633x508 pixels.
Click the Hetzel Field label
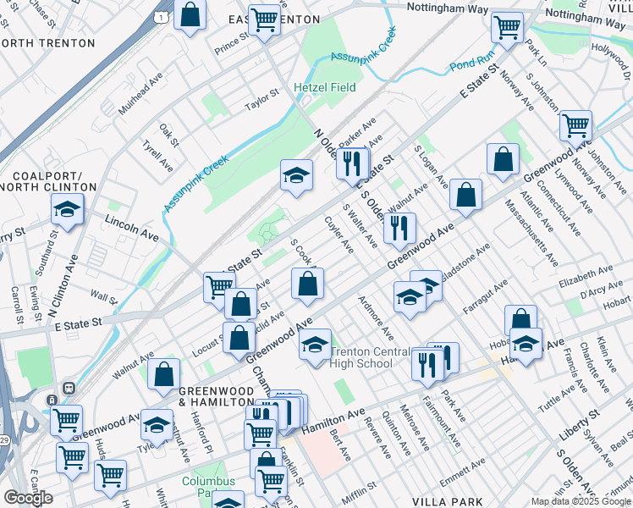pyautogui.click(x=324, y=87)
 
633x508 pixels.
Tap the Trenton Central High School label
pyautogui.click(x=362, y=357)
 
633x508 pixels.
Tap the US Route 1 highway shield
pyautogui.click(x=160, y=16)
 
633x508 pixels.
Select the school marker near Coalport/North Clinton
pyautogui.click(x=67, y=208)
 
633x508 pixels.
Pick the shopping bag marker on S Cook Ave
pyautogui.click(x=307, y=284)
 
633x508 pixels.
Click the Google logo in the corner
pyautogui.click(x=28, y=497)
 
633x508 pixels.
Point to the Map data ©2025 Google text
pyautogui.click(x=580, y=501)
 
